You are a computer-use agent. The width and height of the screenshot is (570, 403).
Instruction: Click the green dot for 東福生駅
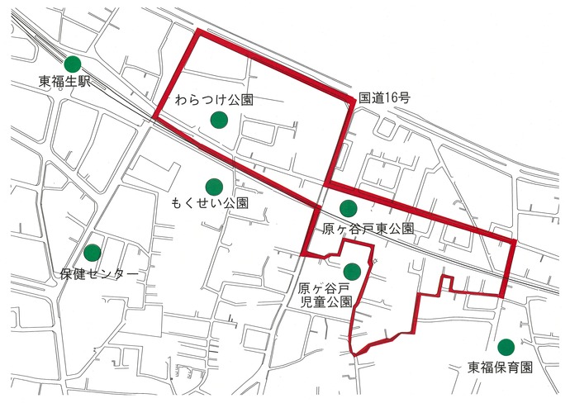tap(73, 64)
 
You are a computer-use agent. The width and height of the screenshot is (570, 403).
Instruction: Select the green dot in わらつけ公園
tap(218, 121)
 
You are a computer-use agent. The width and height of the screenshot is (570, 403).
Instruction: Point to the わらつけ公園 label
tap(214, 100)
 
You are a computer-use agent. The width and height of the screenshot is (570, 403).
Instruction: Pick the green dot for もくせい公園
tap(214, 186)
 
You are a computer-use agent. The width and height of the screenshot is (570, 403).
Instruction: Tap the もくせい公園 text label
tap(210, 203)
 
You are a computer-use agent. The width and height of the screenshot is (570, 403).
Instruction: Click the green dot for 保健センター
tap(93, 252)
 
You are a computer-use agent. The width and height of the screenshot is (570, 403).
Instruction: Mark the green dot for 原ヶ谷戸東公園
tap(348, 207)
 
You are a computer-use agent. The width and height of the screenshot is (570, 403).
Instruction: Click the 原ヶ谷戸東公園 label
tap(368, 229)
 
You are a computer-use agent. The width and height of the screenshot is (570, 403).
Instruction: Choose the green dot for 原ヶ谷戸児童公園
tap(353, 271)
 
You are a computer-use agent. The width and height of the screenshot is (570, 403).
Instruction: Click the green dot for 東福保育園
tap(506, 347)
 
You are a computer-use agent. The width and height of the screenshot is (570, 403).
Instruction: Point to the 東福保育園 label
tap(501, 367)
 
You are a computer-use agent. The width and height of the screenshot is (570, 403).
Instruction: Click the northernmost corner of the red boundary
tap(198, 32)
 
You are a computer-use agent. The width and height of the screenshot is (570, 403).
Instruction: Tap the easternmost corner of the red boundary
tap(515, 241)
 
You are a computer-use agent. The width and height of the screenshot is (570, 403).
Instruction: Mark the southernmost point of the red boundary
tap(356, 354)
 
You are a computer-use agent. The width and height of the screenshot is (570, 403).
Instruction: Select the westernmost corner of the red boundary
tap(154, 117)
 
